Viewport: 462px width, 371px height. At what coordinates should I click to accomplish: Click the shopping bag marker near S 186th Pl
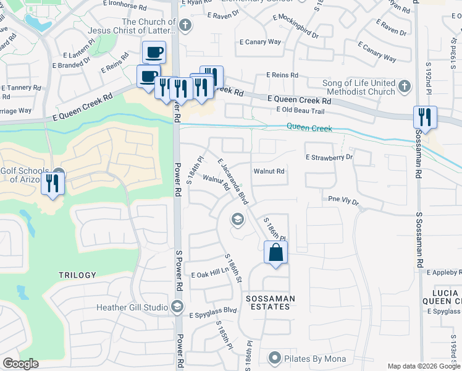[x=276, y=252]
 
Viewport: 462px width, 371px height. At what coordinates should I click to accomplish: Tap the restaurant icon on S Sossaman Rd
[x=425, y=116]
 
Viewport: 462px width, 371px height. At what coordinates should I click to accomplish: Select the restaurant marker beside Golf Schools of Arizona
[x=52, y=183]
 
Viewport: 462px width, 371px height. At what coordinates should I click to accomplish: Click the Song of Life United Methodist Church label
[x=358, y=87]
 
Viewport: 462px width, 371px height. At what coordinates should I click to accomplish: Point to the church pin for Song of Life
[x=405, y=86]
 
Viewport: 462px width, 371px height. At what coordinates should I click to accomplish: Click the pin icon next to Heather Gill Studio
[x=177, y=307]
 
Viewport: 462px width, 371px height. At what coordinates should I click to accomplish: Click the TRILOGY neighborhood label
[x=77, y=275]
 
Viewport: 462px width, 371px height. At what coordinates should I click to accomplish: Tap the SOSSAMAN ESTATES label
[x=268, y=302]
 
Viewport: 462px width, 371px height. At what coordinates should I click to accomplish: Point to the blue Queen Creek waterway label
[x=309, y=128]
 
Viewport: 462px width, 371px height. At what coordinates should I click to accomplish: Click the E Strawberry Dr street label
[x=329, y=157]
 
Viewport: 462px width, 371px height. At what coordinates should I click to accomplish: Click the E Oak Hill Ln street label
[x=210, y=274]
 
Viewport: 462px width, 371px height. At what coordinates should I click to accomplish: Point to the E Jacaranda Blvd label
[x=233, y=181]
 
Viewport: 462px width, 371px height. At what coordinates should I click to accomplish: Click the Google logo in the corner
[x=20, y=364]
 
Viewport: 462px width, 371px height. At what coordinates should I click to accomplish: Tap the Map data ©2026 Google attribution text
[x=423, y=366]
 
